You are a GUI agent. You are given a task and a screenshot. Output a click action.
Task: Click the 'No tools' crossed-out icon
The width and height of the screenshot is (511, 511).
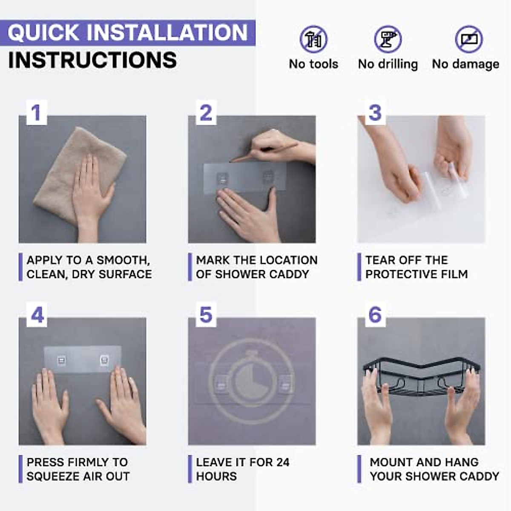pos(313,39)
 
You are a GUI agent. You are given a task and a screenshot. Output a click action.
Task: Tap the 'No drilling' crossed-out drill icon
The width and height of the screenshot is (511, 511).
pos(388,39)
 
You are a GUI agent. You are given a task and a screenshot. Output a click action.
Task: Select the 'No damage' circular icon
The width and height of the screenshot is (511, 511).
pos(469,39)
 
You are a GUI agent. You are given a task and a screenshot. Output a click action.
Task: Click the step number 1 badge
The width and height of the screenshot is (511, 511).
pos(37,112)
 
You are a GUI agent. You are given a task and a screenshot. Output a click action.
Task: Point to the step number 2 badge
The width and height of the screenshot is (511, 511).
pos(206,112)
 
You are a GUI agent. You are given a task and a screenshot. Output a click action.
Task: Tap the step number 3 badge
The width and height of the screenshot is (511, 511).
pos(375,112)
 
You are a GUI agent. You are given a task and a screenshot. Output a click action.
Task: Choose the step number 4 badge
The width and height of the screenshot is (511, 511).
pos(37,315)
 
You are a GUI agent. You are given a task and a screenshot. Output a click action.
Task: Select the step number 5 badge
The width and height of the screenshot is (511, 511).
pos(206,315)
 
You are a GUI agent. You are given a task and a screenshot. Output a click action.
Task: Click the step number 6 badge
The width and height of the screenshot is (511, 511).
pos(375,315)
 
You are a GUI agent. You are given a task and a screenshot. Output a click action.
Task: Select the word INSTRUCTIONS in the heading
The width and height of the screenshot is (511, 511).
pos(92,60)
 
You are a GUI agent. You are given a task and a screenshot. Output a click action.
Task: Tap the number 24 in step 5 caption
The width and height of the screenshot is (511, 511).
pos(283,462)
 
